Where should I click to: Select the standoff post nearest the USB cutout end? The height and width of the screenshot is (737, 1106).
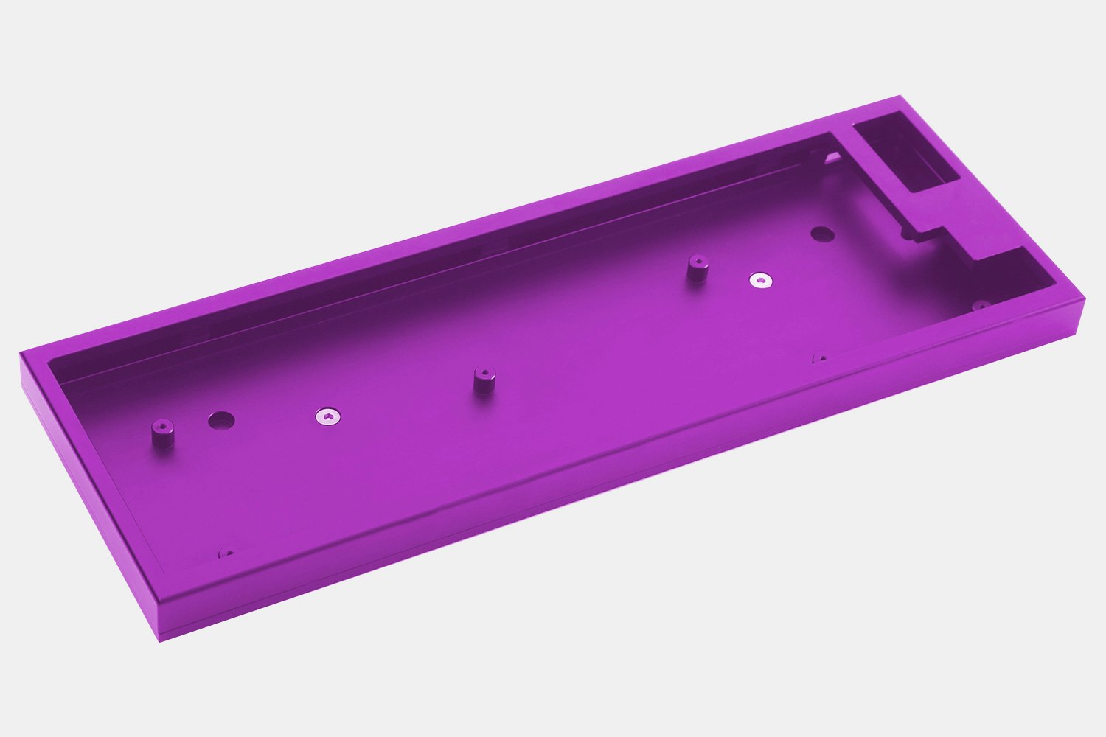click(695, 269)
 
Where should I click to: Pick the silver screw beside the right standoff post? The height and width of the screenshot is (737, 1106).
click(760, 280)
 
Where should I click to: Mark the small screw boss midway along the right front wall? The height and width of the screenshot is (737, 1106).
click(819, 359)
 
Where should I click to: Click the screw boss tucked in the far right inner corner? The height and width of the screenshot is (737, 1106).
click(981, 304)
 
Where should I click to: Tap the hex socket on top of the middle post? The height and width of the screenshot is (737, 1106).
click(483, 371)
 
